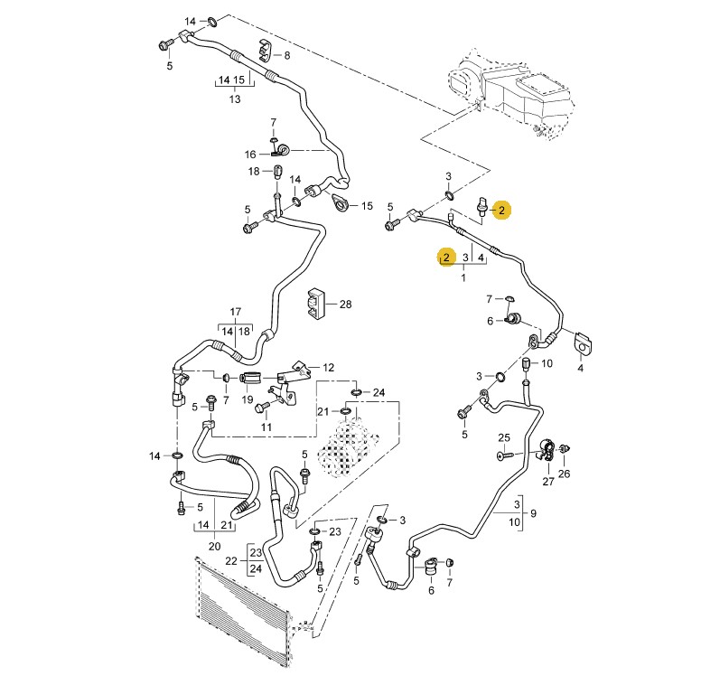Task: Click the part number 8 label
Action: pyautogui.click(x=287, y=56)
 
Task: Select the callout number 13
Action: pyautogui.click(x=234, y=99)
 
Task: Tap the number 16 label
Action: pyautogui.click(x=250, y=154)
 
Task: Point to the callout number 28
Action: pyautogui.click(x=344, y=305)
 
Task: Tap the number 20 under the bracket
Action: pyautogui.click(x=214, y=545)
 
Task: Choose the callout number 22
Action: pyautogui.click(x=230, y=561)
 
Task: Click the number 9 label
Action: pyautogui.click(x=533, y=514)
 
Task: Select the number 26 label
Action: pyautogui.click(x=565, y=473)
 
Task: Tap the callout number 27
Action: pyautogui.click(x=547, y=481)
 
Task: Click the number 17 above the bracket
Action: pyautogui.click(x=236, y=313)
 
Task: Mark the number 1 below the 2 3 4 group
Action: pyautogui.click(x=463, y=277)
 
